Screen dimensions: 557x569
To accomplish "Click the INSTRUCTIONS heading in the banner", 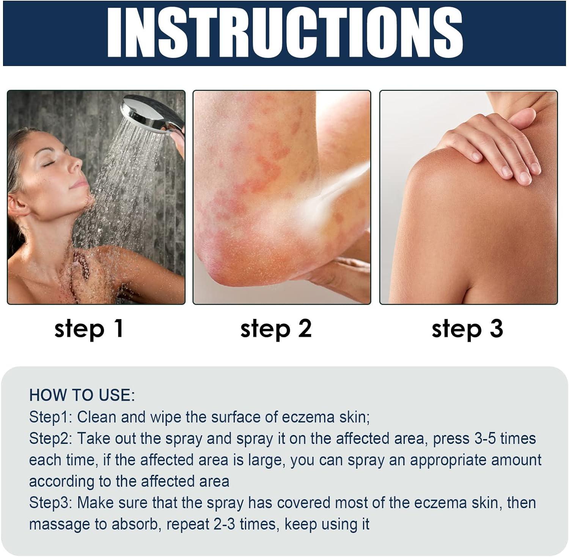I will (284, 33).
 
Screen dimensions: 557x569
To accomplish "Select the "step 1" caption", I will (89, 328).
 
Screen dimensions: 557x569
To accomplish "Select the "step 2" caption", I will (276, 328).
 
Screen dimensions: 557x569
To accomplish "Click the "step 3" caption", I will (467, 328).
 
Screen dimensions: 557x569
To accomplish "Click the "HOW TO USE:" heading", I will (82, 395).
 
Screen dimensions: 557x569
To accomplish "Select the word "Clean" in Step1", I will (96, 417).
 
